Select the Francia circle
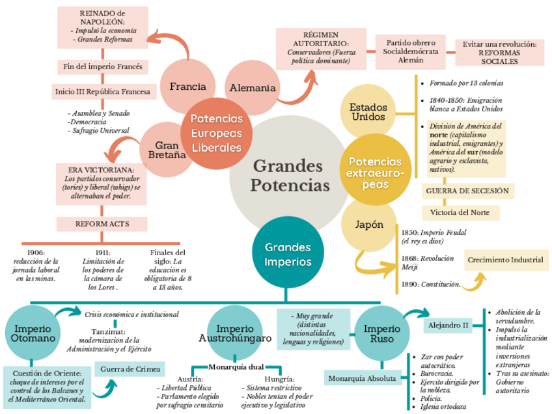click(x=187, y=86)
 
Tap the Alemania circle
click(x=253, y=88)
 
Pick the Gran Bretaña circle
click(x=162, y=151)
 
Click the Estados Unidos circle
click(x=368, y=111)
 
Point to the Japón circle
click(x=368, y=225)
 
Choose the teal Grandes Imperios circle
click(x=287, y=255)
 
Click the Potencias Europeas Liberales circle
click(x=216, y=133)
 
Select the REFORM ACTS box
click(x=102, y=224)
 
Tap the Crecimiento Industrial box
click(x=504, y=260)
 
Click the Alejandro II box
click(x=447, y=325)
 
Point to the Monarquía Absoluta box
click(x=362, y=378)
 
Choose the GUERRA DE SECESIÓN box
click(x=467, y=191)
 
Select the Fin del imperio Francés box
click(x=103, y=67)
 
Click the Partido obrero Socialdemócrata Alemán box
click(x=410, y=51)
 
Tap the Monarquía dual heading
click(x=236, y=367)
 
